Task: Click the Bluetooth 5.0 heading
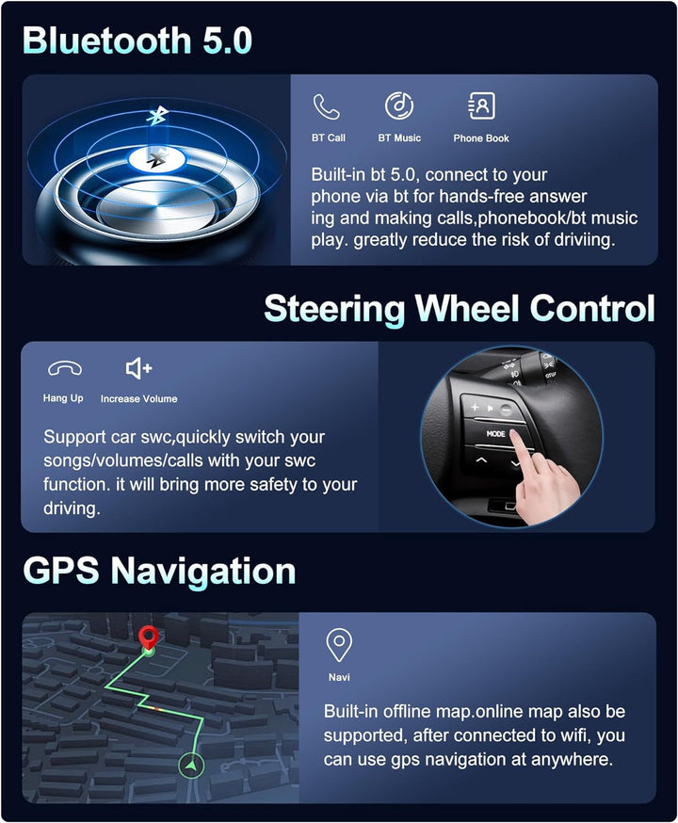(x=137, y=40)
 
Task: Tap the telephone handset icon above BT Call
(x=327, y=106)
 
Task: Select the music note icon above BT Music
(x=399, y=105)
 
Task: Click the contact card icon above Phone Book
(x=481, y=106)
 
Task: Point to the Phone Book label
(x=481, y=138)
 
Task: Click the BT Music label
(x=399, y=138)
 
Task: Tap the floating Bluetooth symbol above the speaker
(x=157, y=116)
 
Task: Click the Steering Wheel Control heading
(x=460, y=308)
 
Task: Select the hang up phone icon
(x=65, y=368)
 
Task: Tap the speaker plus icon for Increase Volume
(x=139, y=368)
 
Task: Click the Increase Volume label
(x=139, y=399)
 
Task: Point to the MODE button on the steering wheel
(x=495, y=434)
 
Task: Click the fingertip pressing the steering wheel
(x=518, y=437)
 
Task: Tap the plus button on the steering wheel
(x=475, y=407)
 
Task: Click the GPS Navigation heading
(x=159, y=571)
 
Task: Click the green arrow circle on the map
(x=191, y=766)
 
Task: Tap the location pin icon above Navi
(x=339, y=644)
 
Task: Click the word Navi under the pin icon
(x=339, y=678)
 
